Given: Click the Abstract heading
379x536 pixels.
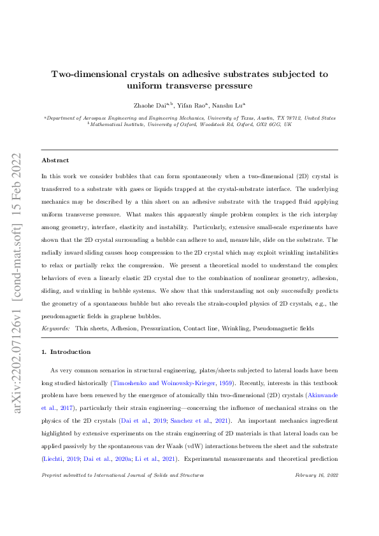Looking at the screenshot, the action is click(x=55, y=160).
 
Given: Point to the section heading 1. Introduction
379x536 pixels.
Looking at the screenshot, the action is click(x=66, y=351).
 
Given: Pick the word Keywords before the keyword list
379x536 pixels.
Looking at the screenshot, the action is click(x=55, y=328).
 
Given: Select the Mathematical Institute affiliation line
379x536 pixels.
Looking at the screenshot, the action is click(x=190, y=125).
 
